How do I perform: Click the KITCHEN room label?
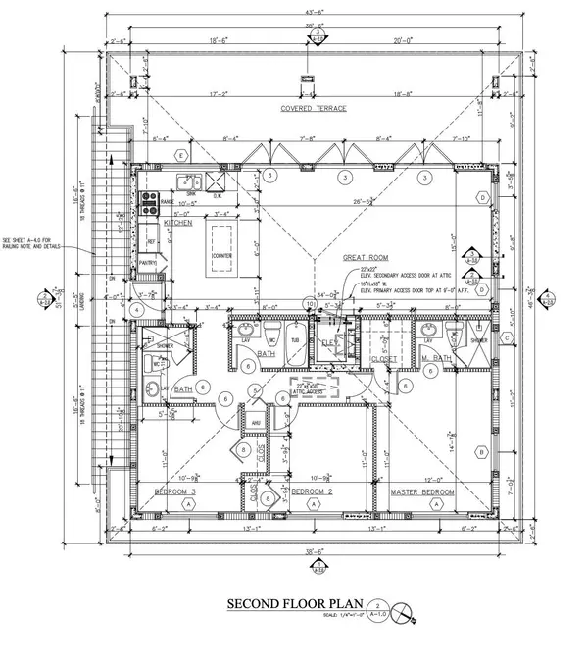[x=193, y=223]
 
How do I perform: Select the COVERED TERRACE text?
[x=313, y=109]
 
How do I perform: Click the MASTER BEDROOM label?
[x=421, y=491]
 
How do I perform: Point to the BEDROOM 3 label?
[x=177, y=490]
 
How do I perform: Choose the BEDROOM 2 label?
[x=314, y=491]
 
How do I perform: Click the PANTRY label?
[x=149, y=263]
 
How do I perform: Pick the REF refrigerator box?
[x=152, y=240]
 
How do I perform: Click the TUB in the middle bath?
[x=294, y=340]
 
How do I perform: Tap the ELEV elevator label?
[x=328, y=341]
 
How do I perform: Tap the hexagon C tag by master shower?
[x=508, y=338]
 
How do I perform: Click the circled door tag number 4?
[x=138, y=310]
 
